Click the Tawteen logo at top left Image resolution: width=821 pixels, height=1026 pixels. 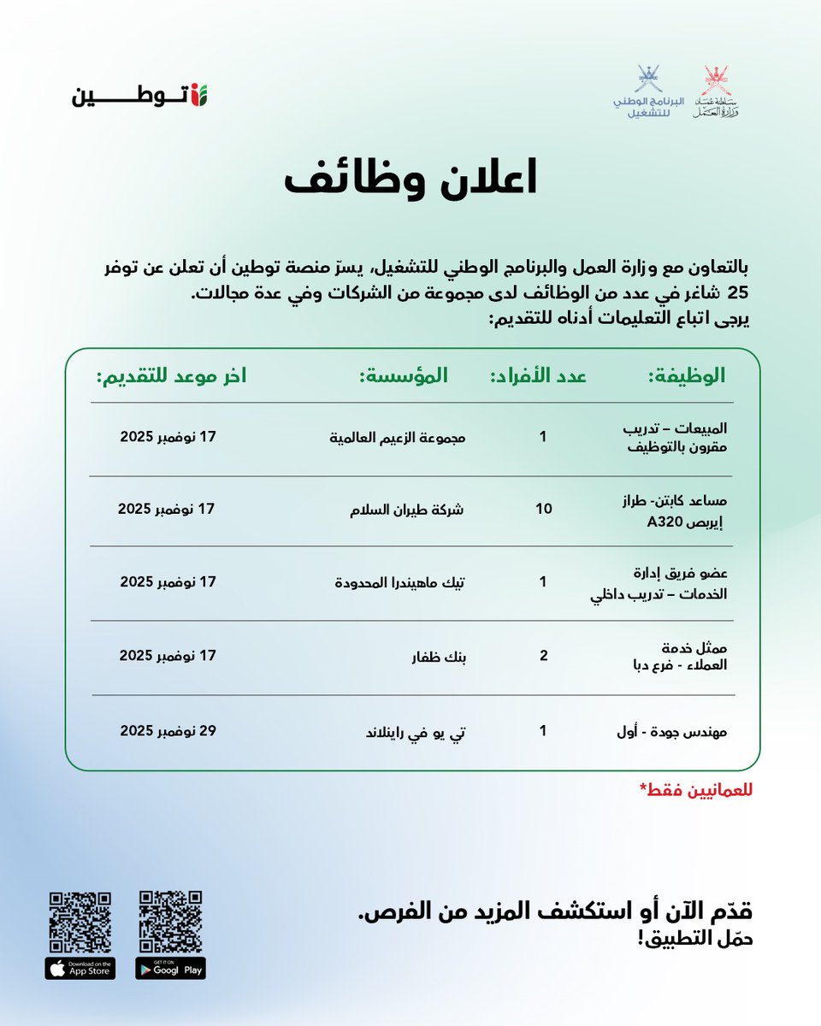click(139, 94)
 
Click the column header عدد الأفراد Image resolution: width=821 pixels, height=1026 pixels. click(537, 376)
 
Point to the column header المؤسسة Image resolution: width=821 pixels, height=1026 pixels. click(403, 376)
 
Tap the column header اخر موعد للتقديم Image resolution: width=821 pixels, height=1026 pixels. click(171, 376)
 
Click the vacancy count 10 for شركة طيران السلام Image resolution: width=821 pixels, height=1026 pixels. click(543, 510)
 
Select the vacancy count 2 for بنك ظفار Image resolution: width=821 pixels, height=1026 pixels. click(543, 656)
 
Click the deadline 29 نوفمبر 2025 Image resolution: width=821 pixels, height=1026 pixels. click(168, 731)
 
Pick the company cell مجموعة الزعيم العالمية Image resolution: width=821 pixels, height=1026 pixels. click(399, 437)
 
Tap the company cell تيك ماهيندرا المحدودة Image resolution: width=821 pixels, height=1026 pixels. click(399, 582)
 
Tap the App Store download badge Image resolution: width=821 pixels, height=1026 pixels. click(80, 968)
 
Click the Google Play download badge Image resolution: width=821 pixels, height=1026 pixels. click(171, 968)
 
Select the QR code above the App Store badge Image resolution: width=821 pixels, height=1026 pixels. click(80, 922)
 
